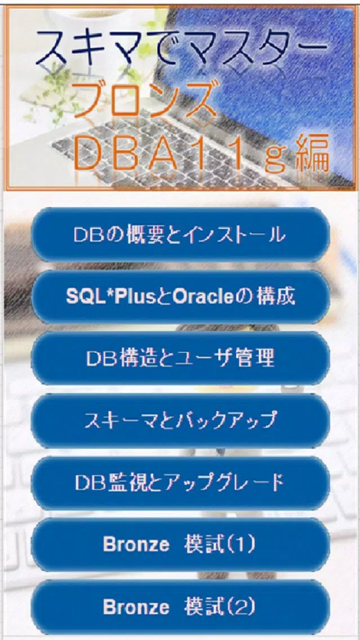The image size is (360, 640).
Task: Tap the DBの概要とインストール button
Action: coord(180,235)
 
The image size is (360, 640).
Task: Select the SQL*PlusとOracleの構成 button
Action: coord(180,297)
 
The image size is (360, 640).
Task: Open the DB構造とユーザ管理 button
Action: coord(180,358)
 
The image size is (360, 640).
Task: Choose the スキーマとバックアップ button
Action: coord(180,420)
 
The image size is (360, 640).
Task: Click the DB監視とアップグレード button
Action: coord(180,483)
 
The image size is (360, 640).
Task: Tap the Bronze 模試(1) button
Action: coord(180,544)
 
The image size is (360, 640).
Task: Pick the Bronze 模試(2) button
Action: coord(180,607)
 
